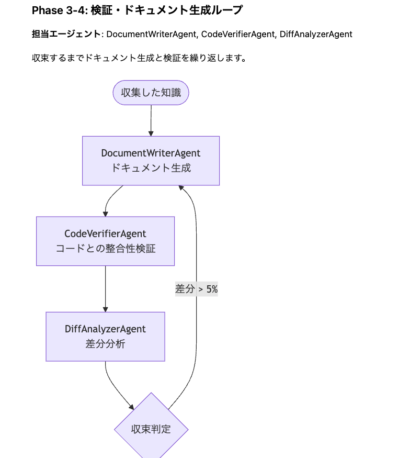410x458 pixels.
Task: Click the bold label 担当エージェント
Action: click(66, 34)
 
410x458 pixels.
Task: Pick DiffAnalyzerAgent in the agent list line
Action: click(316, 34)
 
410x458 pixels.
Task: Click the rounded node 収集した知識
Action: click(151, 93)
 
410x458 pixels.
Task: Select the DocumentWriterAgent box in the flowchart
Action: click(151, 161)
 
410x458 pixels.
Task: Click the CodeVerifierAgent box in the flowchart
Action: click(105, 241)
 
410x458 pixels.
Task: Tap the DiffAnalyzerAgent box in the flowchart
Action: click(105, 337)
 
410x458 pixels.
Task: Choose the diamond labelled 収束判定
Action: click(151, 429)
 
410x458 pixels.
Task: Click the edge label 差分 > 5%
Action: click(196, 288)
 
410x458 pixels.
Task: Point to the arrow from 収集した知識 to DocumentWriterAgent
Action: click(151, 120)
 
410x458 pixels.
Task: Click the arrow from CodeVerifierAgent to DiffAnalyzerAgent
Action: click(105, 288)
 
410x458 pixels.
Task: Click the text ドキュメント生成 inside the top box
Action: click(151, 168)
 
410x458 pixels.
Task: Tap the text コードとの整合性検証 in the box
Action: click(105, 249)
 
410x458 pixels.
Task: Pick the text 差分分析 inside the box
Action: click(105, 344)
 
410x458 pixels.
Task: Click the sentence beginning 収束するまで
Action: click(139, 58)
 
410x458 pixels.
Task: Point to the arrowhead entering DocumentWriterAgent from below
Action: click(181, 188)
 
